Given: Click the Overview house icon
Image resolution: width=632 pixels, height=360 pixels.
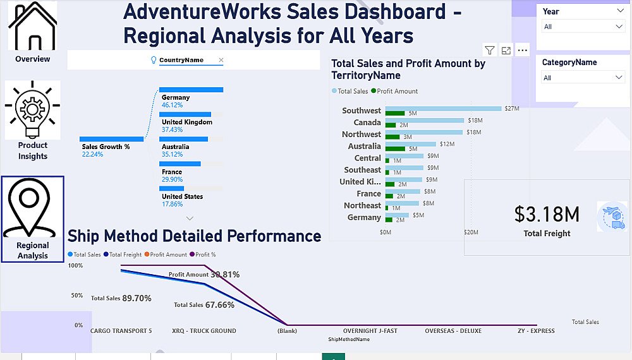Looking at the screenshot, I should pyautogui.click(x=32, y=27).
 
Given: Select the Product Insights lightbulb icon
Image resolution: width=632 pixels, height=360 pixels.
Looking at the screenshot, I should pyautogui.click(x=32, y=110).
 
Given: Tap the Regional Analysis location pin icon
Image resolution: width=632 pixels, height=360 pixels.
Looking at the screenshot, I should pyautogui.click(x=32, y=208).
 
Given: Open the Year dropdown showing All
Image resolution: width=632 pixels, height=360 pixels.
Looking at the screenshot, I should pyautogui.click(x=583, y=27).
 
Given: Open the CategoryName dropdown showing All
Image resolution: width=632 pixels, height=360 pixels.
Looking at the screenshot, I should pyautogui.click(x=583, y=78).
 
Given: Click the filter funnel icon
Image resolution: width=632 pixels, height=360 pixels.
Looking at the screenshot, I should pyautogui.click(x=490, y=51).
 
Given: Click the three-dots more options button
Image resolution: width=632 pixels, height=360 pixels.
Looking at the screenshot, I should pyautogui.click(x=522, y=51).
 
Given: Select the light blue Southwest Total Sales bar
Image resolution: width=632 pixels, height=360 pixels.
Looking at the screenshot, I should pyautogui.click(x=443, y=109).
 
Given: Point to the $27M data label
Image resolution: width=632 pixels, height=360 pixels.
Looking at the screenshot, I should pyautogui.click(x=512, y=109).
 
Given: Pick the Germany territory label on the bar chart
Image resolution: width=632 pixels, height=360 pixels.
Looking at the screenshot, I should pyautogui.click(x=364, y=217).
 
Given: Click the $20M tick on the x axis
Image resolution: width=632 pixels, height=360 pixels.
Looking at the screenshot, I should pyautogui.click(x=471, y=232).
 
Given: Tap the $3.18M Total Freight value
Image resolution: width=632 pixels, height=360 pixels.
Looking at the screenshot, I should pyautogui.click(x=547, y=215).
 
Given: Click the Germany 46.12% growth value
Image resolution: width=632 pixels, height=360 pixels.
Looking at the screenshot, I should pyautogui.click(x=172, y=105).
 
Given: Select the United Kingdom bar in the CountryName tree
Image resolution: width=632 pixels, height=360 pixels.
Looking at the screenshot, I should pyautogui.click(x=185, y=114).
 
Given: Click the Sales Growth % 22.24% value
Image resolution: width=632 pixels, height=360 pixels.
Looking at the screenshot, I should pyautogui.click(x=92, y=154).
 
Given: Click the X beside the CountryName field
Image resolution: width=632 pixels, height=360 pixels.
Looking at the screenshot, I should pyautogui.click(x=221, y=60).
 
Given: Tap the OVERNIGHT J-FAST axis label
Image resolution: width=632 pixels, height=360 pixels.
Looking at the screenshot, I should pyautogui.click(x=370, y=331).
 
